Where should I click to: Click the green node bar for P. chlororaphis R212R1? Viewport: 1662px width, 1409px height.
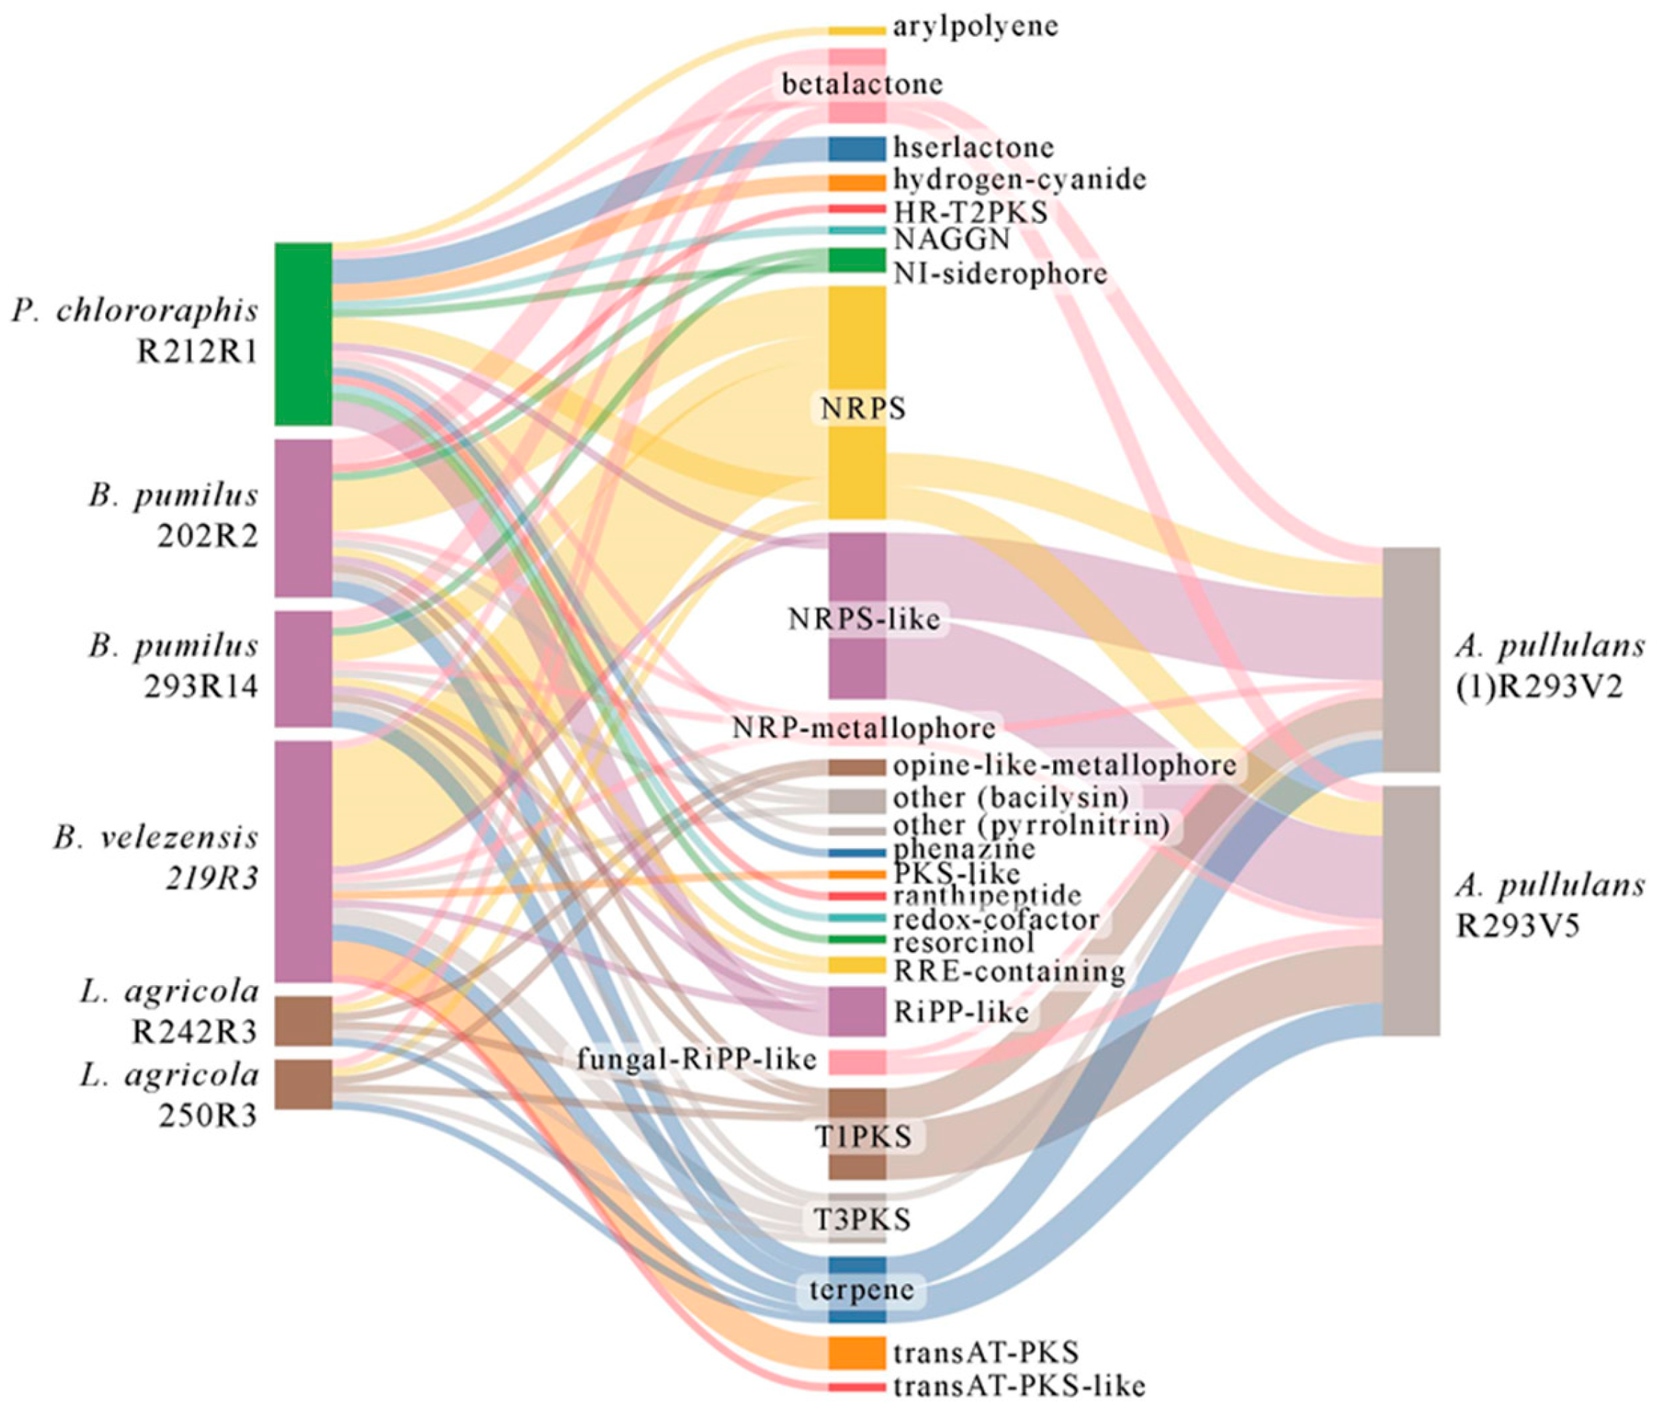coord(303,333)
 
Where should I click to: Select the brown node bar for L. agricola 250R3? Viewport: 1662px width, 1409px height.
coord(303,1084)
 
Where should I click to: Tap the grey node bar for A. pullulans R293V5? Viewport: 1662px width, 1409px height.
coord(1411,910)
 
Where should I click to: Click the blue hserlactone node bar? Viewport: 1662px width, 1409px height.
coord(856,148)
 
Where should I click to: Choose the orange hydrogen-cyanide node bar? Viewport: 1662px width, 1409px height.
coord(856,183)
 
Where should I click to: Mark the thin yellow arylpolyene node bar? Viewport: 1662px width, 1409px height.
coord(856,30)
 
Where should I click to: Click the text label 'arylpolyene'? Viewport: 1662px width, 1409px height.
coord(976,26)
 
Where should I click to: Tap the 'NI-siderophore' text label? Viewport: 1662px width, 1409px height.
coord(1001,274)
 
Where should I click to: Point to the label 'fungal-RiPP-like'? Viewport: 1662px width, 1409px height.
coord(696,1059)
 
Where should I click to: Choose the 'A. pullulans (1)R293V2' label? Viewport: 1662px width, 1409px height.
coord(1550,667)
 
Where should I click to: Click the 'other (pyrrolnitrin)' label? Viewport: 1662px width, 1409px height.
coord(1037,824)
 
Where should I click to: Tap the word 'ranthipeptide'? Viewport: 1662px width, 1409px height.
coord(987,896)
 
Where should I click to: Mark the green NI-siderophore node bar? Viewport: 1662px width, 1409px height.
coord(856,260)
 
